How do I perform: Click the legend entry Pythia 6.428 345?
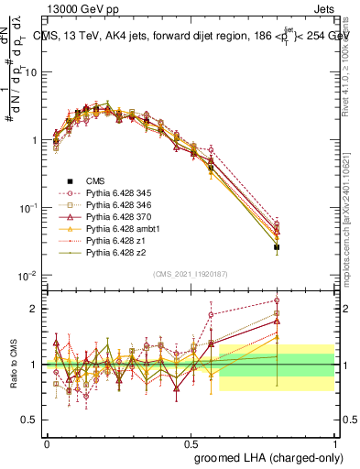pyautogui.click(x=107, y=194)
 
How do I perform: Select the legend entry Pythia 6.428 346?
pyautogui.click(x=107, y=207)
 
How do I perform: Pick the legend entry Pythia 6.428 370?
pyautogui.click(x=107, y=220)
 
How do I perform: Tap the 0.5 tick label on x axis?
pyautogui.click(x=191, y=442)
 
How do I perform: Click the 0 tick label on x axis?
pyautogui.click(x=47, y=442)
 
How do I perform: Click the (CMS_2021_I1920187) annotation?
pyautogui.click(x=191, y=274)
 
